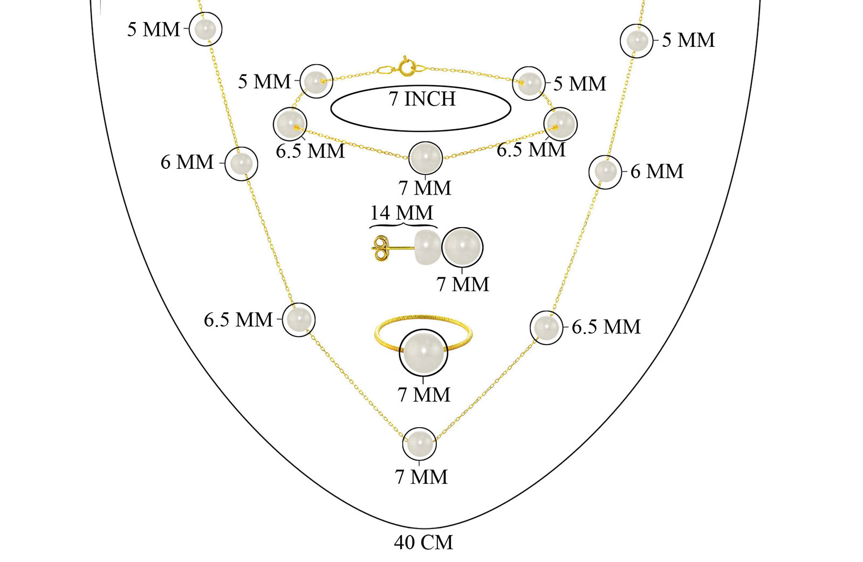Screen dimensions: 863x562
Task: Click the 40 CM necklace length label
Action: point(423,543)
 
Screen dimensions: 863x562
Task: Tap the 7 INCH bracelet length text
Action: point(422,99)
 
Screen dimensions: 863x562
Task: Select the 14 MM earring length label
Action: point(401,213)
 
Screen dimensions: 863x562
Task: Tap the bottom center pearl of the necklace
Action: point(419,444)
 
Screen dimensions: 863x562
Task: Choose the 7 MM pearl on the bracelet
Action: point(425,159)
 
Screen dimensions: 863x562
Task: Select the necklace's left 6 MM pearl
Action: point(241,164)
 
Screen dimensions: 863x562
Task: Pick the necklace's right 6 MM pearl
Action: point(605,172)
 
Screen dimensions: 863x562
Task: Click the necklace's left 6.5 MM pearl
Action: point(298,320)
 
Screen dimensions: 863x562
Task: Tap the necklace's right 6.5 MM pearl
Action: point(546,327)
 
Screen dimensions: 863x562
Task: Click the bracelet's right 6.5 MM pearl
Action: point(560,124)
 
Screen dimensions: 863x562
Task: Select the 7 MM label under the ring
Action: point(423,395)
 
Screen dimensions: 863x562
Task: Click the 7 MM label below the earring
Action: point(462,284)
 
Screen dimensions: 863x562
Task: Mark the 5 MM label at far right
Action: point(688,40)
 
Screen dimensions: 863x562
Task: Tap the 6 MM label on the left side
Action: point(187,162)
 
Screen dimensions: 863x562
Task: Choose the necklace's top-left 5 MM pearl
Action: point(206,29)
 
